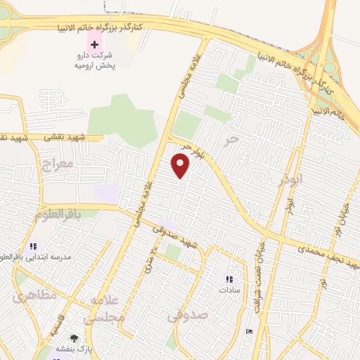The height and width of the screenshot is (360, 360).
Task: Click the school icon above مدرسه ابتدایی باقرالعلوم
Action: coord(32,246)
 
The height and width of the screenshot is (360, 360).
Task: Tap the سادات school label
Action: coord(229,289)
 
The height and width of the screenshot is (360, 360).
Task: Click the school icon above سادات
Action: coord(229,277)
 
